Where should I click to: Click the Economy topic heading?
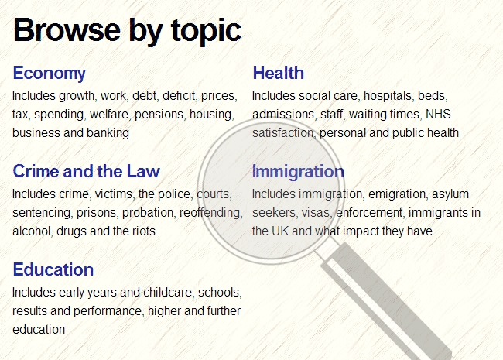point(50,74)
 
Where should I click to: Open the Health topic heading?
point(278,73)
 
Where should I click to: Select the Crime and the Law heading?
point(87,171)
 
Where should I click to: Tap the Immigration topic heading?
point(298,172)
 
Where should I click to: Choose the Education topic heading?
point(53,269)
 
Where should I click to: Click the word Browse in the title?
point(67,30)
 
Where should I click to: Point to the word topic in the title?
point(206,32)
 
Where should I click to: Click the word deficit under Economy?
point(179,96)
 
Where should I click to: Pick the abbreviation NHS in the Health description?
point(438,115)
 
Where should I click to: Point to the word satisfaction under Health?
point(283,133)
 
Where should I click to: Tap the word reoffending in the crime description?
point(210,213)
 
